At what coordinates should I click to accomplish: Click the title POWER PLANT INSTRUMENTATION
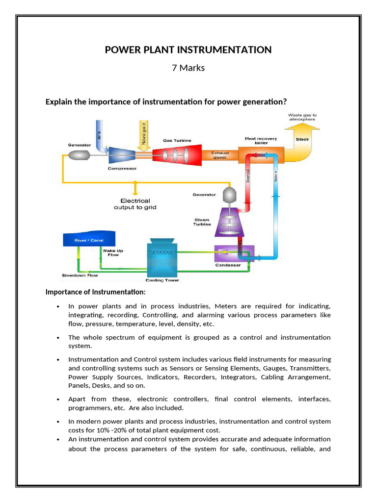click(188, 50)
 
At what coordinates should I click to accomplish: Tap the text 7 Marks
click(188, 68)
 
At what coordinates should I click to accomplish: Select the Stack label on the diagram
click(302, 139)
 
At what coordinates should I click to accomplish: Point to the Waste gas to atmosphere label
click(302, 117)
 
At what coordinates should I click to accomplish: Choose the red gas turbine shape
click(177, 155)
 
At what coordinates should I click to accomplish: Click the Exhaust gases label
click(220, 155)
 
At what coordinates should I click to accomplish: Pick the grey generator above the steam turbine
click(229, 195)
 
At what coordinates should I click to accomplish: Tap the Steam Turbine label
click(202, 222)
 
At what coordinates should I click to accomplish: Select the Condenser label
click(228, 265)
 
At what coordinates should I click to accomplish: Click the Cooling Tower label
click(162, 280)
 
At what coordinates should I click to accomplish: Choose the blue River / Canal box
click(89, 240)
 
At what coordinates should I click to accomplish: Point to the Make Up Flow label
click(113, 252)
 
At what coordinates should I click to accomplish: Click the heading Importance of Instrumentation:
click(95, 292)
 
